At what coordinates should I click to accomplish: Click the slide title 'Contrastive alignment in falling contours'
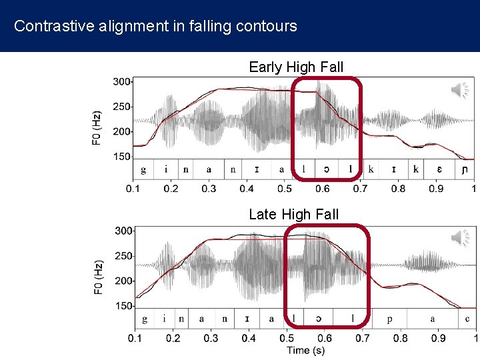155,27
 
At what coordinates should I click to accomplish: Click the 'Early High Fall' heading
296,67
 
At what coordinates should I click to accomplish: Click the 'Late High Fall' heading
293,214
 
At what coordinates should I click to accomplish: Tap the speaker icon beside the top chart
459,90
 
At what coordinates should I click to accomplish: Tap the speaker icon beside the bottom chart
459,237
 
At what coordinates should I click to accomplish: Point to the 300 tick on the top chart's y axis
121,81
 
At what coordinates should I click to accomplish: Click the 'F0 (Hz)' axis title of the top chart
97,127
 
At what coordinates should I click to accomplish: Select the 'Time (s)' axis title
305,350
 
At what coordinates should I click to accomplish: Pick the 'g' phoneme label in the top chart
143,169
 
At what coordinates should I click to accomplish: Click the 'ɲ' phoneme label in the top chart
465,169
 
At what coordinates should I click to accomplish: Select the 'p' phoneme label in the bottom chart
389,319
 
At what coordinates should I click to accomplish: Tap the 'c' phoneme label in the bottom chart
467,319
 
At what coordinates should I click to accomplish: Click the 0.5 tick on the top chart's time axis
285,189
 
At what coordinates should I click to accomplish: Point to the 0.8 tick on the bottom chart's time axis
400,338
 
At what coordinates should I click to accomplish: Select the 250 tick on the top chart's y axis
121,107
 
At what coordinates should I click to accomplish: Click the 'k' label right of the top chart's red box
371,169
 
